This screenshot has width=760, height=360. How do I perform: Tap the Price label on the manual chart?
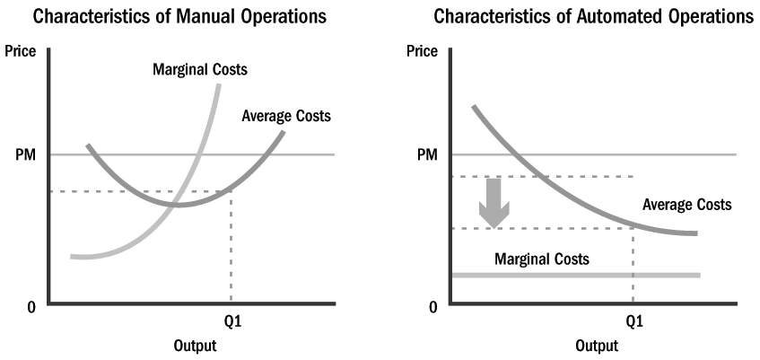[21, 51]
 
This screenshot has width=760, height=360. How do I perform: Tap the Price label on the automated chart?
[422, 51]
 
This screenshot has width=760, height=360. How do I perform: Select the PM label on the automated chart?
[427, 154]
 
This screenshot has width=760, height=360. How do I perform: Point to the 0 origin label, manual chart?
[31, 307]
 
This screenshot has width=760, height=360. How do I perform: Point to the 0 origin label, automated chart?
[432, 307]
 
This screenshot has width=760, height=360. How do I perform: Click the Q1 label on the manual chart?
[231, 320]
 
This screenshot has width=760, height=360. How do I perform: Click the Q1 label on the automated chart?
[633, 320]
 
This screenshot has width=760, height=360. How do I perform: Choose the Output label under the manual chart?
[194, 346]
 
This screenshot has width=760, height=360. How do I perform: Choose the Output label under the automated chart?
[597, 346]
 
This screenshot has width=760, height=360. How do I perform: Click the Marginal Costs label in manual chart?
[201, 69]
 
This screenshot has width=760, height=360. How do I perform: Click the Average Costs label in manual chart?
[286, 116]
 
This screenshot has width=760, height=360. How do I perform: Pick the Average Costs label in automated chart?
[687, 206]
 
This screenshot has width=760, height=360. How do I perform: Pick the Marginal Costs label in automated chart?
[542, 259]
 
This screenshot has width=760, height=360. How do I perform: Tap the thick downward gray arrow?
[494, 203]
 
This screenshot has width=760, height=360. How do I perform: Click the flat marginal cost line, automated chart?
[574, 275]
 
